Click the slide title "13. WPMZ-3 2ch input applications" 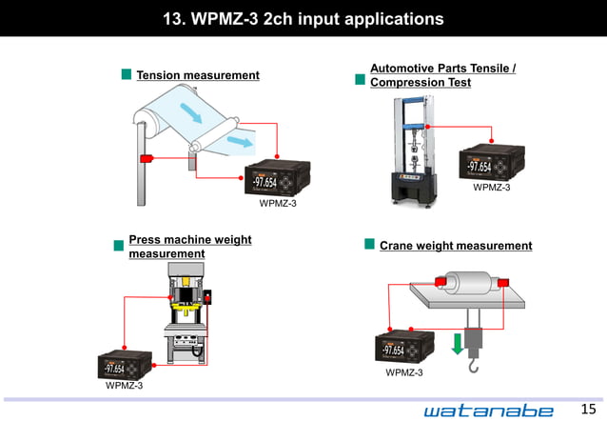tap(303, 18)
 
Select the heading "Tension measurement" tap(197, 75)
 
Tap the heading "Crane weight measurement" tap(456, 246)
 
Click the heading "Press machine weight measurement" tap(189, 247)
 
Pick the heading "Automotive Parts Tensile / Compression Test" tap(442, 76)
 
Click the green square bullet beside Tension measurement tap(126, 74)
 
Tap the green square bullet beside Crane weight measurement tap(369, 245)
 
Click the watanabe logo tap(488, 409)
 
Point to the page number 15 tap(587, 409)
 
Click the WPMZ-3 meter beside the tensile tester tap(492, 163)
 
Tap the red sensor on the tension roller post tap(147, 158)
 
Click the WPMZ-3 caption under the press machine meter tap(125, 386)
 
